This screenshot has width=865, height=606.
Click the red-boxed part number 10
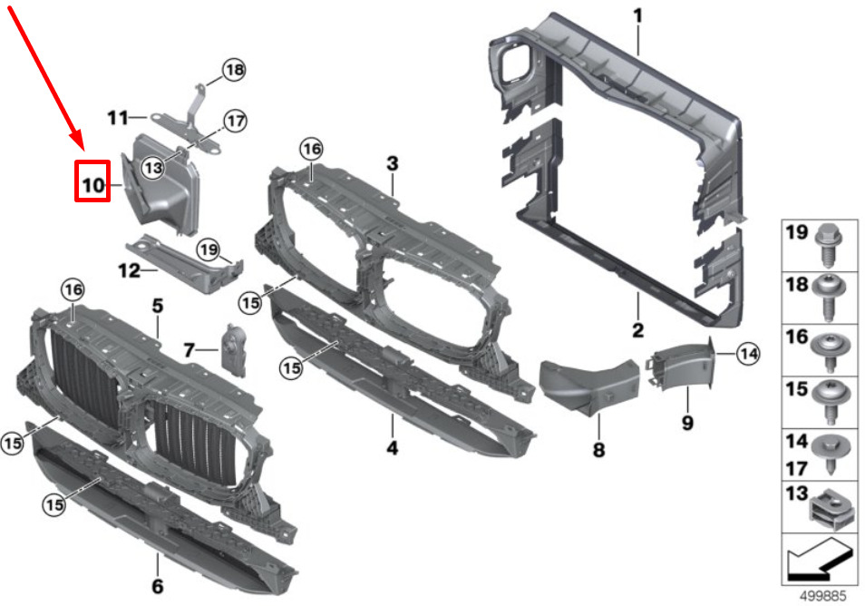click(93, 185)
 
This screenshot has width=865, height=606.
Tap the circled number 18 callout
click(235, 70)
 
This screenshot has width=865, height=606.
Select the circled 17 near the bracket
click(236, 121)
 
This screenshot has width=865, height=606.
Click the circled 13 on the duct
click(153, 167)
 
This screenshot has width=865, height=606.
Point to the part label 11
click(118, 118)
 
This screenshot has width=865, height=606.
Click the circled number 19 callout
click(209, 250)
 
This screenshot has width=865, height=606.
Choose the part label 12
click(129, 270)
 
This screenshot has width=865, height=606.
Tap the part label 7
click(190, 350)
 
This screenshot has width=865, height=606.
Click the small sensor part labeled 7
click(234, 350)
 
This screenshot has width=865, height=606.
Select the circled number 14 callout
click(748, 354)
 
